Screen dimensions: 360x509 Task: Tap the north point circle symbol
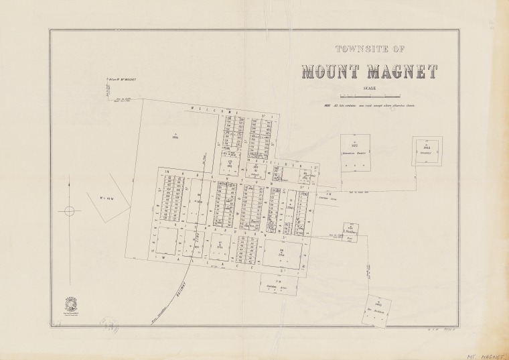point(68,211)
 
